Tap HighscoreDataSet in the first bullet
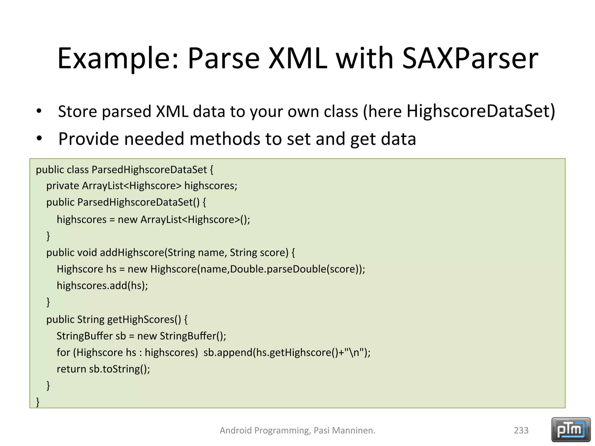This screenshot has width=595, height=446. pos(481,111)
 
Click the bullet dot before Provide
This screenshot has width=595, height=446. pos(39,139)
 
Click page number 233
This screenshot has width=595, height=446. pos(521,430)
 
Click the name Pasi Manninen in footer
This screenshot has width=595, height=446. pos(344,430)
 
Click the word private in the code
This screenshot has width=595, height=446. pos(62,186)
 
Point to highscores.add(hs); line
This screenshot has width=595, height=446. pos(102,286)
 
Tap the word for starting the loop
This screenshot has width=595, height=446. pos(63,353)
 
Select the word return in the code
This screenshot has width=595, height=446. pos(71,369)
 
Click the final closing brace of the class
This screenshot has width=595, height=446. pos(38,402)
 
